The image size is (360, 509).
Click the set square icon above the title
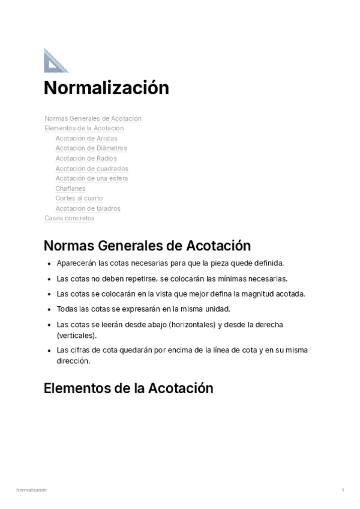click(56, 60)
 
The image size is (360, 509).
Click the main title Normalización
click(106, 88)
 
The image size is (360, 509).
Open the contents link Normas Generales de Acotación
click(93, 118)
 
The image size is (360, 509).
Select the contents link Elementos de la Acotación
click(84, 128)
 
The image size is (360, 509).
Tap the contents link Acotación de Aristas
click(86, 138)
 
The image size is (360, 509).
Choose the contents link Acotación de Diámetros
click(91, 148)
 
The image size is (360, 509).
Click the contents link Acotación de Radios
click(86, 158)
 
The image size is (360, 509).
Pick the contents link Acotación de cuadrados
click(92, 169)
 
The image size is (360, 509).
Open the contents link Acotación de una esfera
click(92, 178)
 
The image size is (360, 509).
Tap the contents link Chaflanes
click(71, 188)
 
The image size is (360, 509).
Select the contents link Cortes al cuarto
click(79, 198)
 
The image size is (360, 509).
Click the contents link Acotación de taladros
click(88, 208)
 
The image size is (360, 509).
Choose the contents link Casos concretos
click(70, 218)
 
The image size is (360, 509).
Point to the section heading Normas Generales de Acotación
click(147, 246)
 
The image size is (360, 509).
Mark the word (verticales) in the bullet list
click(76, 336)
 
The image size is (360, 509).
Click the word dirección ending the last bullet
click(73, 361)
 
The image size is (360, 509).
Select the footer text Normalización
click(31, 490)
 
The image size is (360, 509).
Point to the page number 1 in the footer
click(343, 490)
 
